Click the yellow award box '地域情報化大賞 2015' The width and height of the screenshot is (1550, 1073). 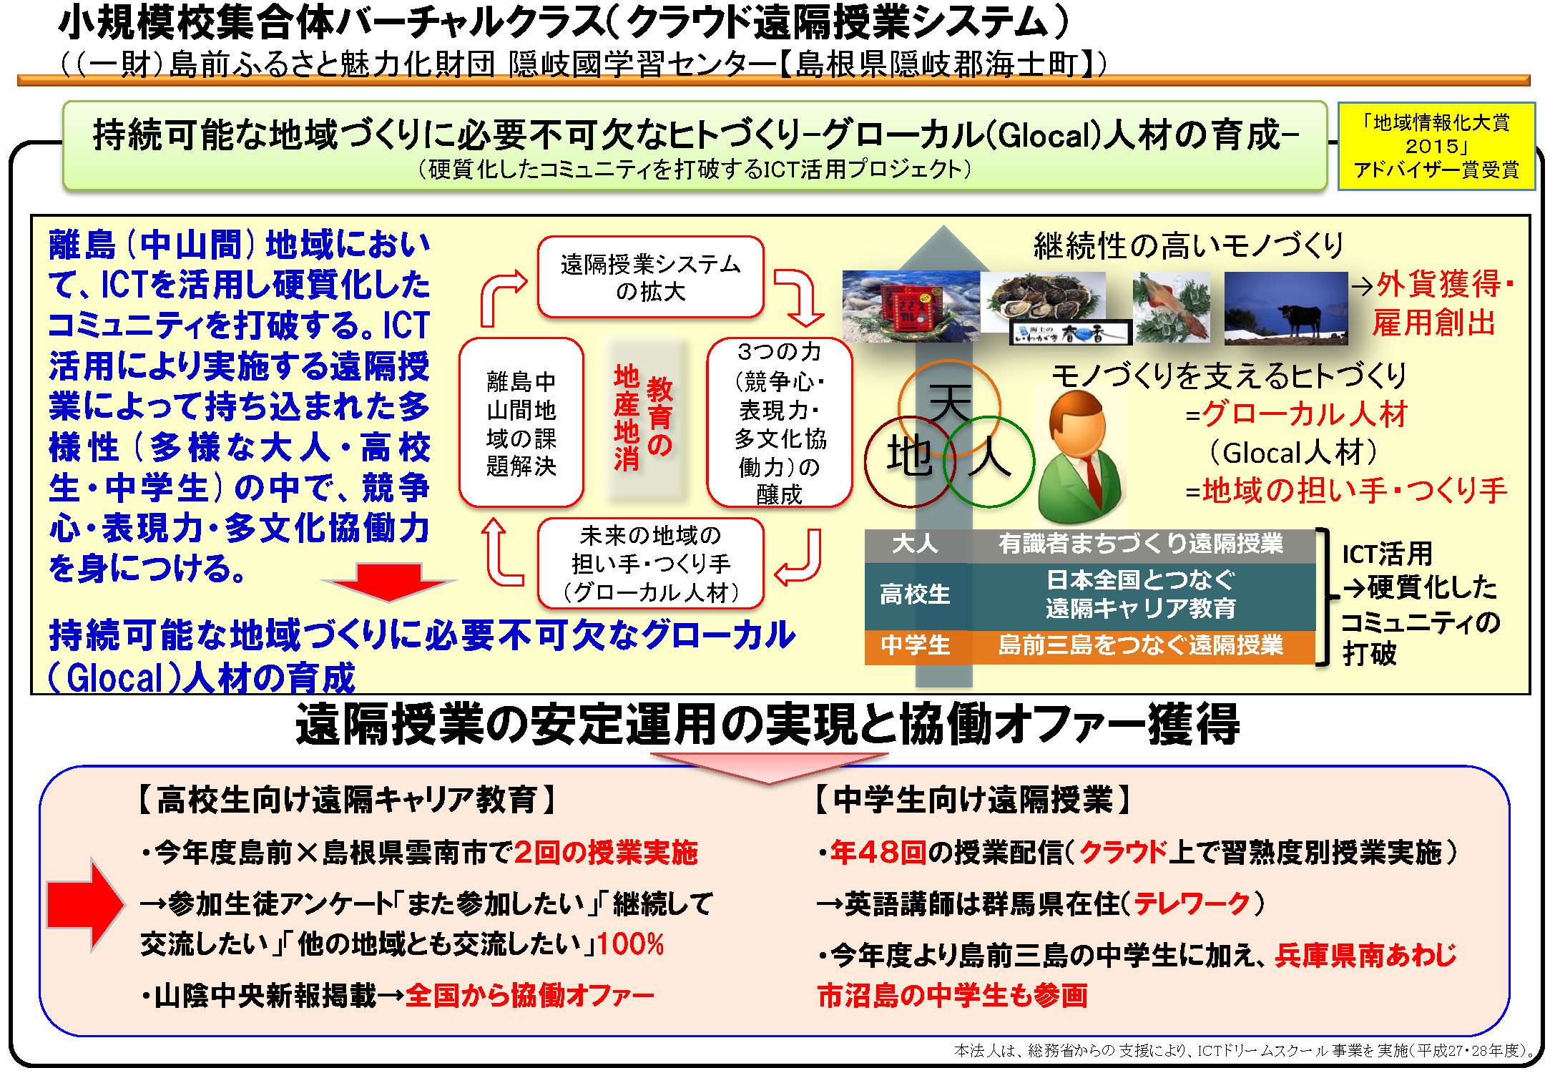1436,147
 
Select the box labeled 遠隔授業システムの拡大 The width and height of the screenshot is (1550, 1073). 650,278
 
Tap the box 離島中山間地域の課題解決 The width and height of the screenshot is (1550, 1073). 521,423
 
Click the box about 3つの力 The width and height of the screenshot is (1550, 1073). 779,423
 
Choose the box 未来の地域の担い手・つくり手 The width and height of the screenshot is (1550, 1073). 650,564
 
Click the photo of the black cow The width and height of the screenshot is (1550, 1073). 1285,308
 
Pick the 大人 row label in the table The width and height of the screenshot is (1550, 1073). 915,544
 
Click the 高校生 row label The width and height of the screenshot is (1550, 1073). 915,594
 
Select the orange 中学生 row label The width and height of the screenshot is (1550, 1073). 915,645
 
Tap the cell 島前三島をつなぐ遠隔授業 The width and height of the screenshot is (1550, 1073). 1141,645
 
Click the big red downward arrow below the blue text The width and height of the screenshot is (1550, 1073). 389,582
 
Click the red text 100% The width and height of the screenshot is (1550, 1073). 631,944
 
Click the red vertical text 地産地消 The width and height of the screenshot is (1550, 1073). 627,418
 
